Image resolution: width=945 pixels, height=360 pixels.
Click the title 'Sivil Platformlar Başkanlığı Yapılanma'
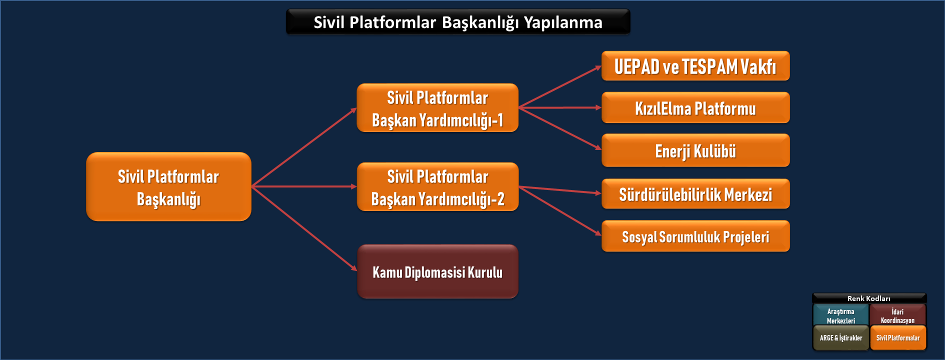(x=458, y=22)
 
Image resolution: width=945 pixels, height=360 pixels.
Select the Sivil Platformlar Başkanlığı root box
(x=168, y=186)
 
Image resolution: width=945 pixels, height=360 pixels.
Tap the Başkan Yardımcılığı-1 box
(x=437, y=108)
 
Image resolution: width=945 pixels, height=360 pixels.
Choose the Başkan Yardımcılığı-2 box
(x=437, y=187)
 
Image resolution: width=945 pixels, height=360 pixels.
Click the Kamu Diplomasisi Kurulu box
(x=437, y=271)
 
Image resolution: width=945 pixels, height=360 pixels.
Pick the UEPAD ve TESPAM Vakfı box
(x=695, y=66)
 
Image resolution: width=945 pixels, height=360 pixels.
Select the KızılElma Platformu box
(x=695, y=107)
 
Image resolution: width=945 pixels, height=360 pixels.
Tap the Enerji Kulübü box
(x=695, y=150)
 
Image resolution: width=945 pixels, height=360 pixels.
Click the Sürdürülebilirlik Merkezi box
(x=695, y=194)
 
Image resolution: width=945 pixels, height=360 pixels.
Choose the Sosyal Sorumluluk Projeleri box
(x=695, y=236)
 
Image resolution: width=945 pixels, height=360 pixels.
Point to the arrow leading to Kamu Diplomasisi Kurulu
(x=304, y=228)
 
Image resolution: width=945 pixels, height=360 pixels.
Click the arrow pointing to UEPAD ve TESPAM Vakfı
(x=560, y=86)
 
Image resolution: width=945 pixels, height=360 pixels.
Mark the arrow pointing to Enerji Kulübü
(x=560, y=128)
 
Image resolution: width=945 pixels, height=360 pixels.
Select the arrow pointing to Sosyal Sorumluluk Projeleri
(x=560, y=210)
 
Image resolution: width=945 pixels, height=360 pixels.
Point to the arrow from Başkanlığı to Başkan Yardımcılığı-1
(x=304, y=147)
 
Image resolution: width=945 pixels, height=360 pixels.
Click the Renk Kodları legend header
(x=869, y=298)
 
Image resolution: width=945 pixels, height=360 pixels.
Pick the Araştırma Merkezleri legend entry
(x=841, y=315)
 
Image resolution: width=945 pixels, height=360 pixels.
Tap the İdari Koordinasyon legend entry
(x=898, y=315)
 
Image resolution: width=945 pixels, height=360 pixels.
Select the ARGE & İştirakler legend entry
(x=841, y=337)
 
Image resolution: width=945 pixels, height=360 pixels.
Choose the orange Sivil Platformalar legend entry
(x=898, y=337)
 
